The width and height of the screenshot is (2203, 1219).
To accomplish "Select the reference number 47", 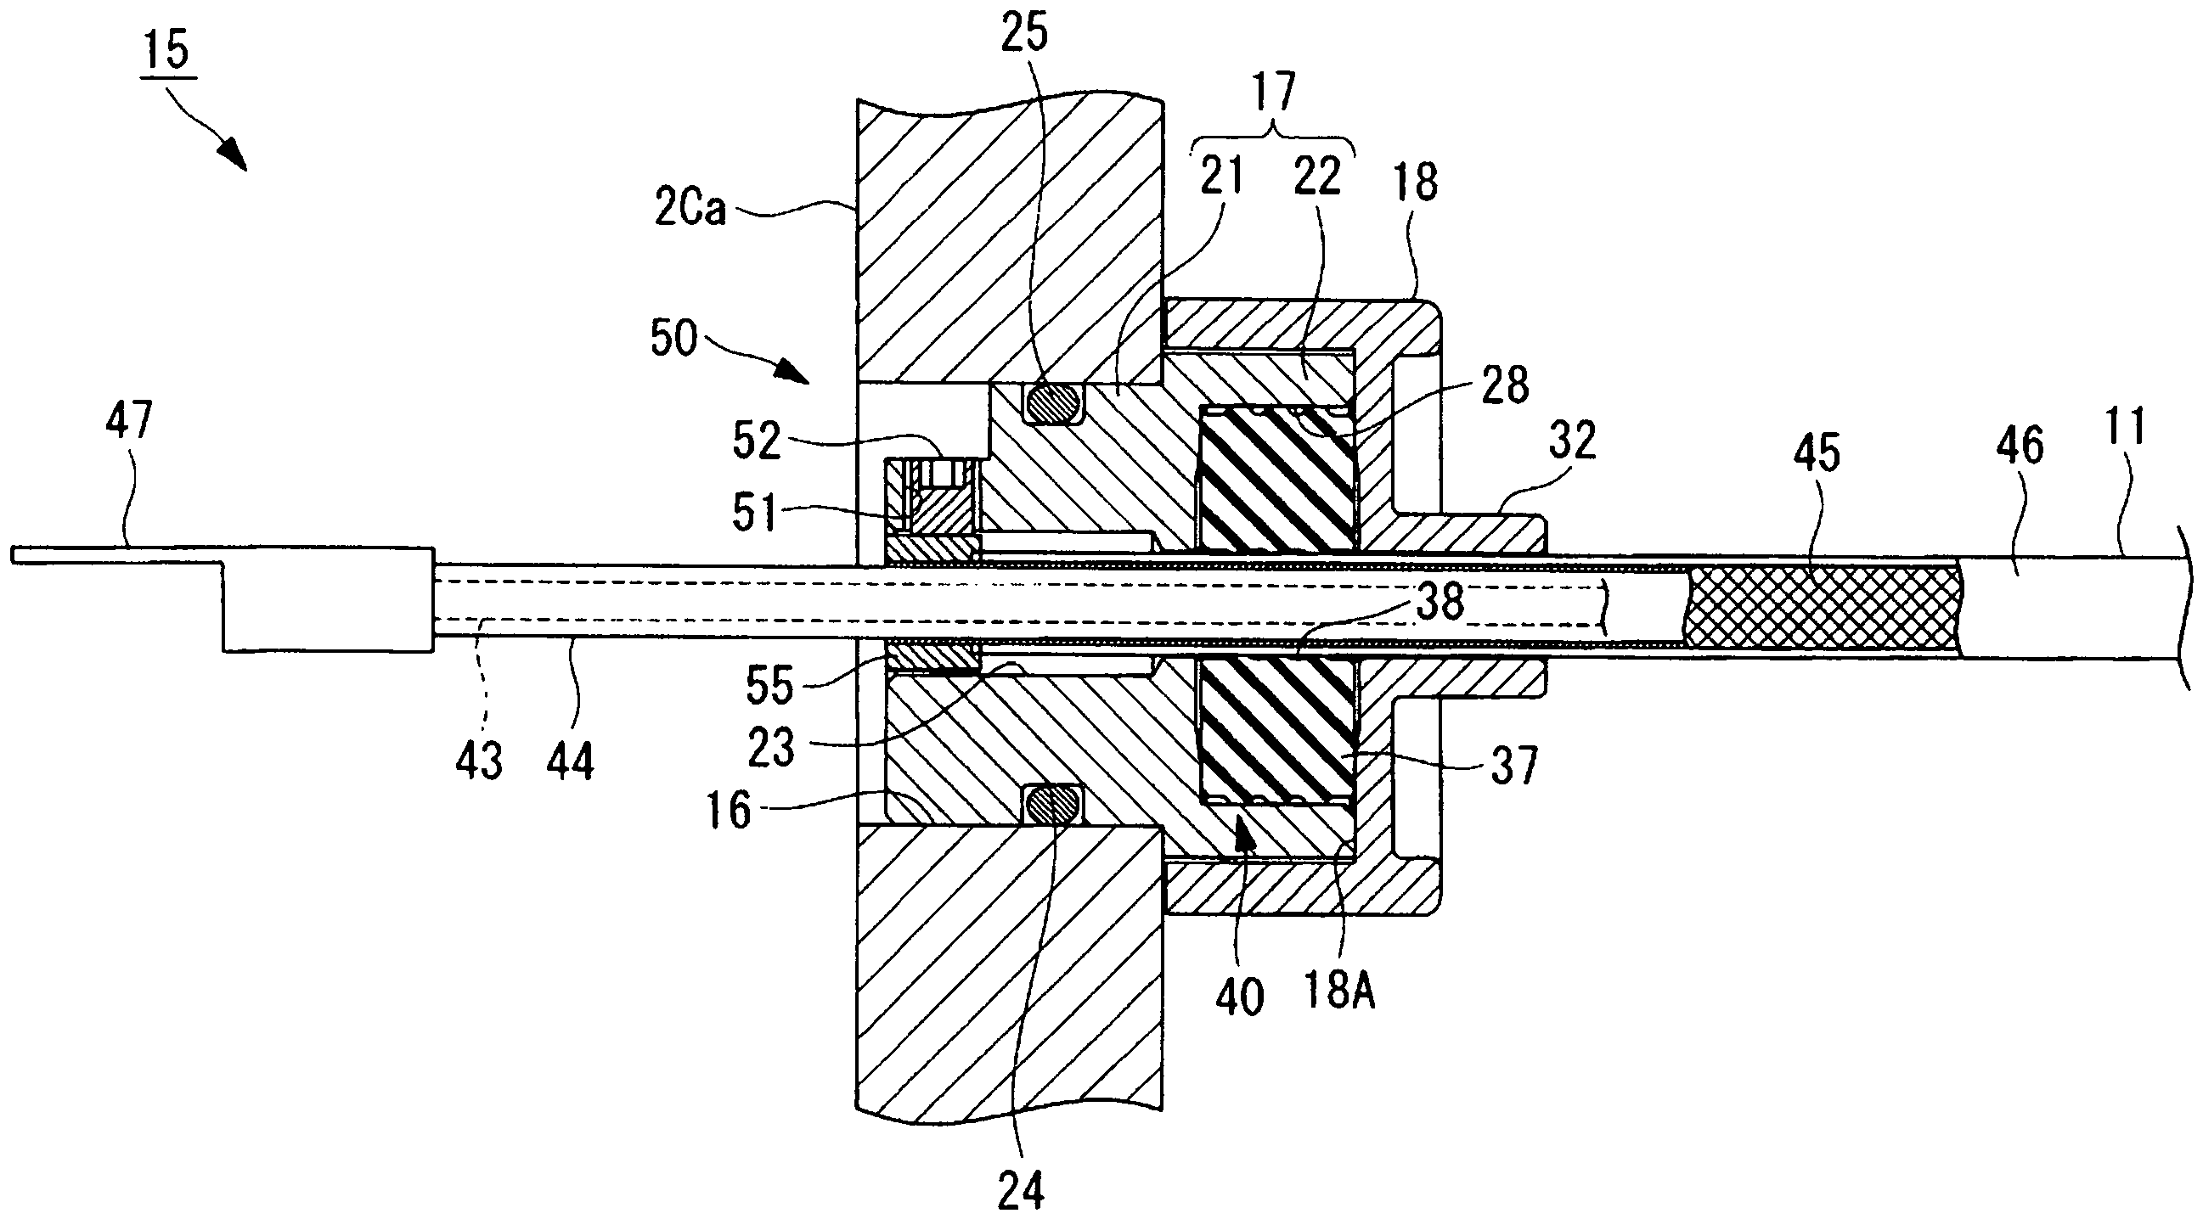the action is pos(128,422).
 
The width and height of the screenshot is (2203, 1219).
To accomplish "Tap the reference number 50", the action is pos(674,338).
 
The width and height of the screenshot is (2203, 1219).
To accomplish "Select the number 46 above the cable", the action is pos(2020,447).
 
